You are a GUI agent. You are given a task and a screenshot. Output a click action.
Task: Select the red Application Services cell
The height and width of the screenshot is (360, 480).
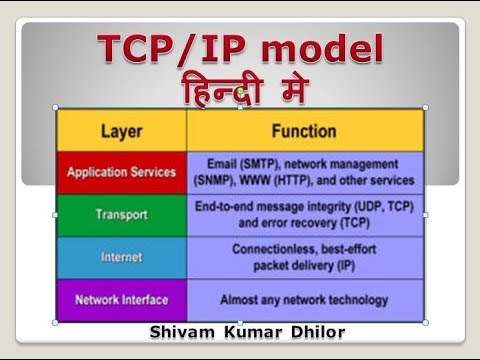122,172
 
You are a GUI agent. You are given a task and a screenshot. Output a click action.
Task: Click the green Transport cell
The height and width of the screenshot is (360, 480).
122,214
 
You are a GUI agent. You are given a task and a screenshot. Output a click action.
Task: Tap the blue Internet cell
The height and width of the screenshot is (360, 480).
122,257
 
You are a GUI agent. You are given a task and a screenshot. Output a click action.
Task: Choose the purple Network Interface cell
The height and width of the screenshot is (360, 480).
122,299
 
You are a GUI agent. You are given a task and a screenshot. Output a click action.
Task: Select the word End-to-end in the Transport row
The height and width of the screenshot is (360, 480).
225,205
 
